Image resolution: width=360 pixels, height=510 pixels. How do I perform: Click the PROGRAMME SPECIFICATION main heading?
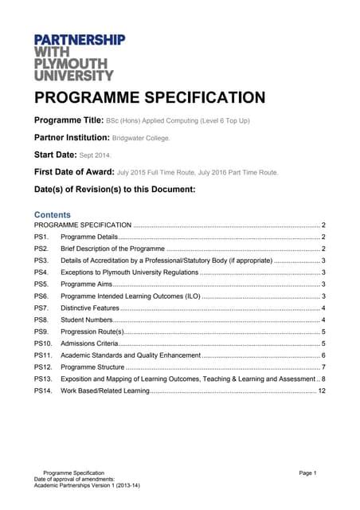[x=149, y=98]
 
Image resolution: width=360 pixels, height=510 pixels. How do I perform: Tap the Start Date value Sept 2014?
[x=96, y=155]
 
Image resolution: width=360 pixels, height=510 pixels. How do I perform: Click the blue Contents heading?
[x=52, y=214]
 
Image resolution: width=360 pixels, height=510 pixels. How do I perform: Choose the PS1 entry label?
[x=41, y=237]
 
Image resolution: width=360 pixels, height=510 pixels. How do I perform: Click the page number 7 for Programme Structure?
[x=323, y=367]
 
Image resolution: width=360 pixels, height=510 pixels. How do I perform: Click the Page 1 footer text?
[x=308, y=473]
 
